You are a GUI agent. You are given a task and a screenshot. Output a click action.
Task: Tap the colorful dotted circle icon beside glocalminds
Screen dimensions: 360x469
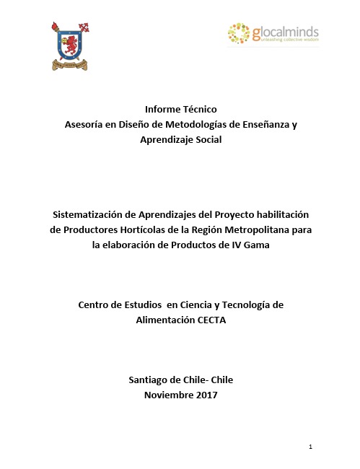point(238,33)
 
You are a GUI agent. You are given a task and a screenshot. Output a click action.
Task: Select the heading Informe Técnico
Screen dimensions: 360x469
point(180,109)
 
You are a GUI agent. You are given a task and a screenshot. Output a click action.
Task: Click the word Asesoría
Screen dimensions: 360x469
point(84,124)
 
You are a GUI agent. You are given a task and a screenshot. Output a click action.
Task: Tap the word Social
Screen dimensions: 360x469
point(207,139)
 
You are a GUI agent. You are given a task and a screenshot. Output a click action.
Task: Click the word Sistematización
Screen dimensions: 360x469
point(93,215)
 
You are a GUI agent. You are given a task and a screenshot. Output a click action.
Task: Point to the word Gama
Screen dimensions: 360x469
point(244,244)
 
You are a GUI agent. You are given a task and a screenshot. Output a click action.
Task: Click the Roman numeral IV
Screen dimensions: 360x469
point(221,244)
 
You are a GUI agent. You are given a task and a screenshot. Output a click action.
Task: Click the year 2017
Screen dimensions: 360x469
point(205,395)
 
